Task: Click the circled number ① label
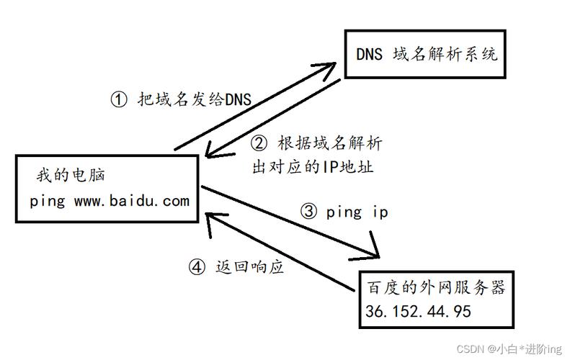[119, 99]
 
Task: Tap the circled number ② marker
[259, 143]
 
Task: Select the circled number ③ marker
[308, 211]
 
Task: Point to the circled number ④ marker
[197, 267]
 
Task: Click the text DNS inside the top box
[370, 55]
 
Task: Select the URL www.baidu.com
[132, 201]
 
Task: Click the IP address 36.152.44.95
[418, 311]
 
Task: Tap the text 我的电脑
[71, 175]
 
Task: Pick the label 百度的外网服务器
[436, 287]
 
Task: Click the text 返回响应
[249, 267]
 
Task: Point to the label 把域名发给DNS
[195, 99]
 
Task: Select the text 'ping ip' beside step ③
[357, 212]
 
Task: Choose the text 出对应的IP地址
[313, 167]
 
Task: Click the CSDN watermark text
[509, 349]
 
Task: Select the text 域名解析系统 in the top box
[445, 55]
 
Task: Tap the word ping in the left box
[48, 202]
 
